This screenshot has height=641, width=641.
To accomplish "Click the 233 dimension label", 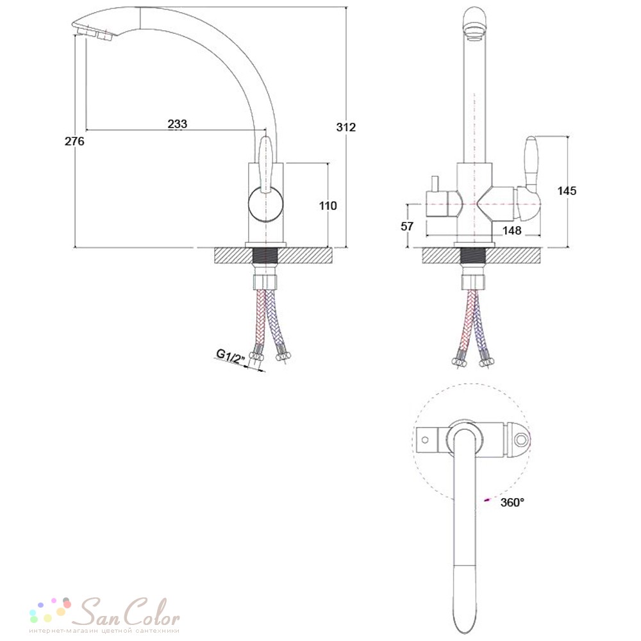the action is [178, 124].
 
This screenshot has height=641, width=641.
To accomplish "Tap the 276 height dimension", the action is [74, 141].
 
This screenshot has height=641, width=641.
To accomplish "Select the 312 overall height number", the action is [346, 127].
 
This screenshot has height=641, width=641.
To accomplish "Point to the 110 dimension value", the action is [328, 206].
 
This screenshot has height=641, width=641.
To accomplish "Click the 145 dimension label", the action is [567, 190].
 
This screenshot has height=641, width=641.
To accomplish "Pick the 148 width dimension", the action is [512, 231].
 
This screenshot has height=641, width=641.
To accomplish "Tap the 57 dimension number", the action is [407, 226].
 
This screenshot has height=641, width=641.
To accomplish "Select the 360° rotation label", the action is [512, 502].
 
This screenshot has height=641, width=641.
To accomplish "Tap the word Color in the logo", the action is [152, 612].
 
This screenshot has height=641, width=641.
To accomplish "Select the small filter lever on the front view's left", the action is [434, 183].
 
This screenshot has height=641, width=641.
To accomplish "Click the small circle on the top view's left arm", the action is [425, 440].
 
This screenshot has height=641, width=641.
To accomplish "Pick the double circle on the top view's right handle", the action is [520, 440].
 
